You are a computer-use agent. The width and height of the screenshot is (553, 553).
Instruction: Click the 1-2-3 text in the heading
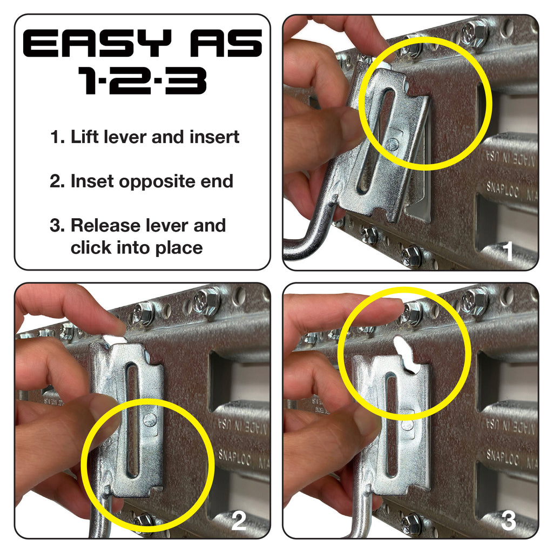[142, 81]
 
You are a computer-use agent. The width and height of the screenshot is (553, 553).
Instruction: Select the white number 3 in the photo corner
[508, 521]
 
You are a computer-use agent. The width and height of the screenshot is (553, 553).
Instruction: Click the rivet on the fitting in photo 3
[408, 424]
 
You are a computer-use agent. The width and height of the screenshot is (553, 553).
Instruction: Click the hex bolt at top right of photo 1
[476, 32]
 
